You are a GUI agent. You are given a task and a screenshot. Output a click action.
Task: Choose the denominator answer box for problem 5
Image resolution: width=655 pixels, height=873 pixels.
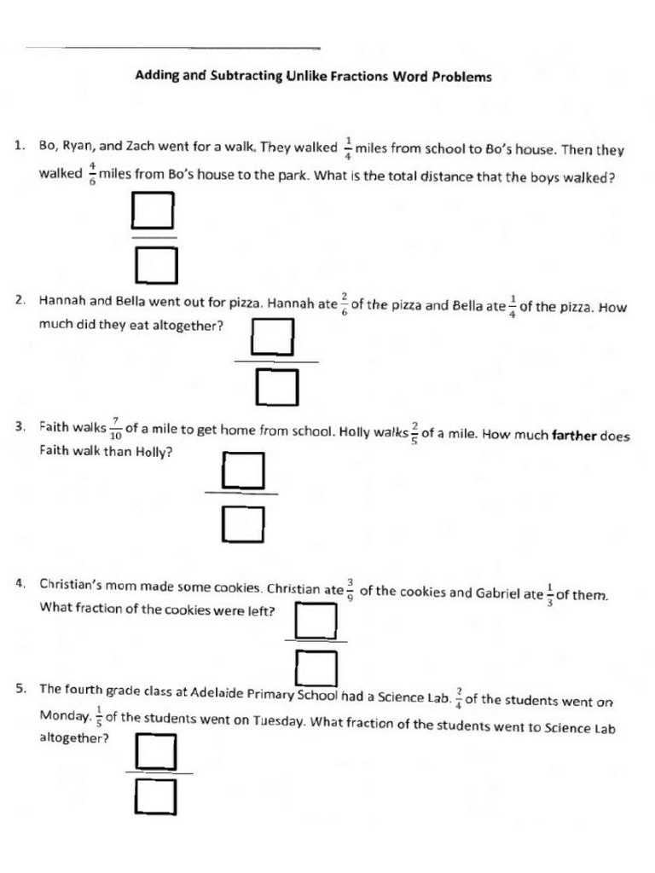click(x=155, y=798)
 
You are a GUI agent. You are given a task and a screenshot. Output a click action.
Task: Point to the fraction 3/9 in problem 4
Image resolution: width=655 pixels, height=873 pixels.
click(x=350, y=590)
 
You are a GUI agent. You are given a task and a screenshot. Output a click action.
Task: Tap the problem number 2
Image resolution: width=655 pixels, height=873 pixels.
click(x=20, y=300)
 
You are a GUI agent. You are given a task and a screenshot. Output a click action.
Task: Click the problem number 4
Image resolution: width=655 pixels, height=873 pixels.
click(x=20, y=584)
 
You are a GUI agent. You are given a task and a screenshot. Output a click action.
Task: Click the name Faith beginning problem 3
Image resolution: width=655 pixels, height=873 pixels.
click(x=58, y=426)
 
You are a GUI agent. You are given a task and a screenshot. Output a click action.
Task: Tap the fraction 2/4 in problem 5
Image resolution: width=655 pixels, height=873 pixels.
click(x=459, y=698)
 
